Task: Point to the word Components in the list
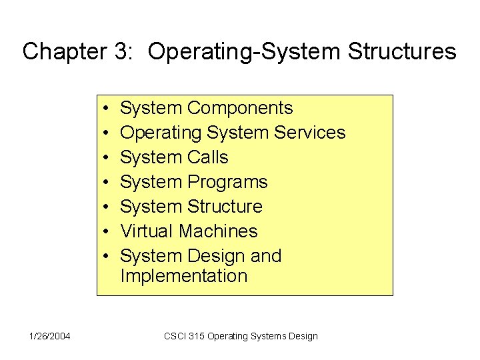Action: click(x=240, y=108)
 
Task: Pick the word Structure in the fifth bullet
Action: click(x=225, y=207)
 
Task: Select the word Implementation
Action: click(x=183, y=276)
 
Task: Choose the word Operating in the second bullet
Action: click(x=161, y=133)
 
